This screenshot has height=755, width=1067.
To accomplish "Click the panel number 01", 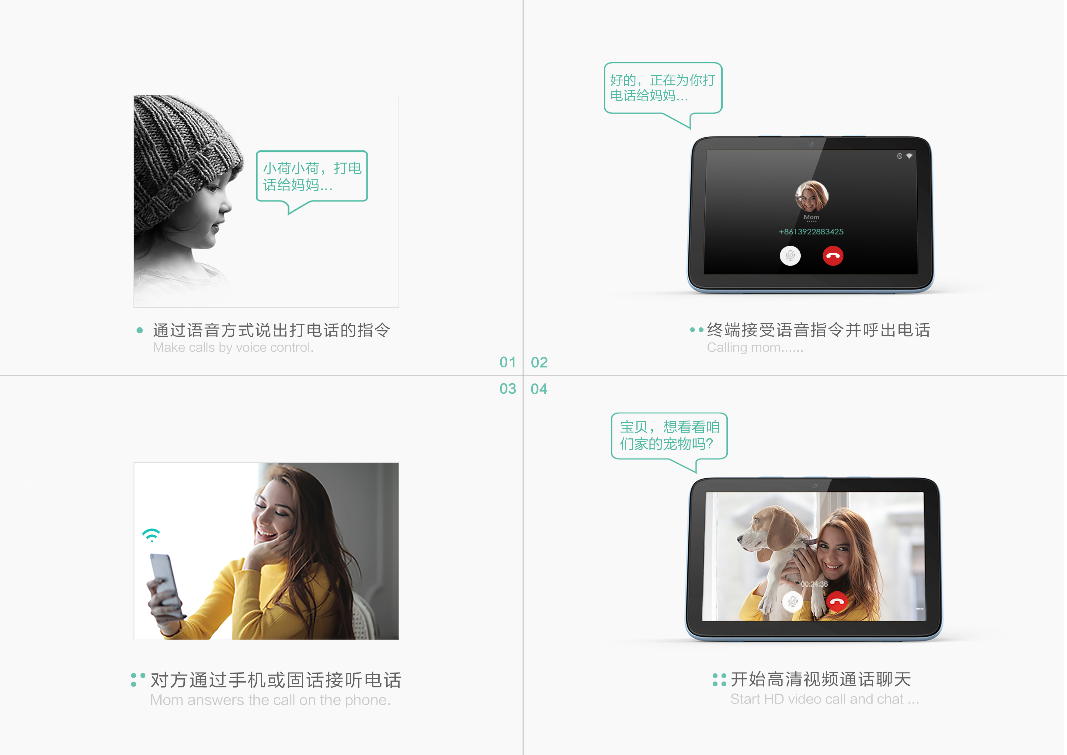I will (507, 362).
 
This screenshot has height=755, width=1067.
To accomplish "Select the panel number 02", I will (539, 362).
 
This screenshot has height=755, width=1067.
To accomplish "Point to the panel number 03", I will (507, 389).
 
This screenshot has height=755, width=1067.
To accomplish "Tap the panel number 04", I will (539, 389).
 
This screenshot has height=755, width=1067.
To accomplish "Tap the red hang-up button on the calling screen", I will (833, 256).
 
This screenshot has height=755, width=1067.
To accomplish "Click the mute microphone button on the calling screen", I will (790, 256).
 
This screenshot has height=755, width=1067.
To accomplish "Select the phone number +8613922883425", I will (811, 232).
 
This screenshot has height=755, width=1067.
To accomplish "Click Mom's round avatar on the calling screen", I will (812, 196).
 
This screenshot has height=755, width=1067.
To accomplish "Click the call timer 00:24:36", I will (814, 584).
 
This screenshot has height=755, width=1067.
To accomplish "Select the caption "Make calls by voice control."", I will (233, 347).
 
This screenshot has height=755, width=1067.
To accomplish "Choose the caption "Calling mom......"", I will (755, 347).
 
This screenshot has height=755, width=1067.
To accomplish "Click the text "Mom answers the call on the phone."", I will (270, 700).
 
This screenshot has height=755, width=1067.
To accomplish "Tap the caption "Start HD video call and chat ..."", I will (824, 699).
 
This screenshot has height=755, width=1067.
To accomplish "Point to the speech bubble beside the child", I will (312, 177).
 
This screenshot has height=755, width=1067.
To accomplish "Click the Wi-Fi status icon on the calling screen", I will (909, 156).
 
